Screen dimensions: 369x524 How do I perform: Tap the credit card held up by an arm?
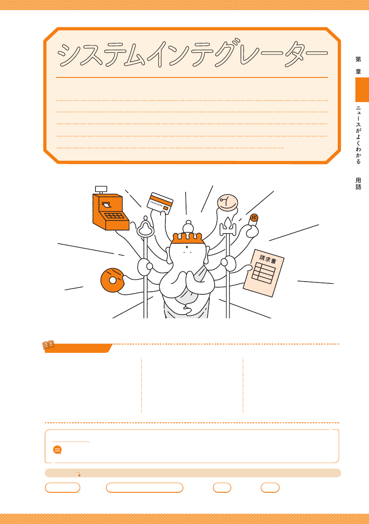pos(160,203)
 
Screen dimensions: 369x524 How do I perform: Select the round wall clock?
pos(228,202)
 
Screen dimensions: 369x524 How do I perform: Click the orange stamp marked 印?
pos(254,218)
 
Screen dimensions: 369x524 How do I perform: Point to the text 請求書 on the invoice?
pos(268,259)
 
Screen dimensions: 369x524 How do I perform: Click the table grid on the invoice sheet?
pos(263,273)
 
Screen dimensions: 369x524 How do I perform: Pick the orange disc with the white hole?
pos(112,280)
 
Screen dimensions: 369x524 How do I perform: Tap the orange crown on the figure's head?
pos(188,238)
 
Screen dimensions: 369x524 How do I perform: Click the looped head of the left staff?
pos(145,227)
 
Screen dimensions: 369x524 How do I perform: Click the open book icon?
pos(48,345)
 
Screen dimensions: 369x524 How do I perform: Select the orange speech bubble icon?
pos(58,450)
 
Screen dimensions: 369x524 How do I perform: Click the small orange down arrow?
pos(79,474)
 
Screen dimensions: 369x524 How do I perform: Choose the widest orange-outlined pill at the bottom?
pos(145,487)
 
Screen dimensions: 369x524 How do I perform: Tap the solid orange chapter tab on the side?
pos(362,90)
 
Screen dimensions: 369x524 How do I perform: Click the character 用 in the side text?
pos(358,180)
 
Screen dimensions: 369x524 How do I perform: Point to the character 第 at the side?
pos(358,59)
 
